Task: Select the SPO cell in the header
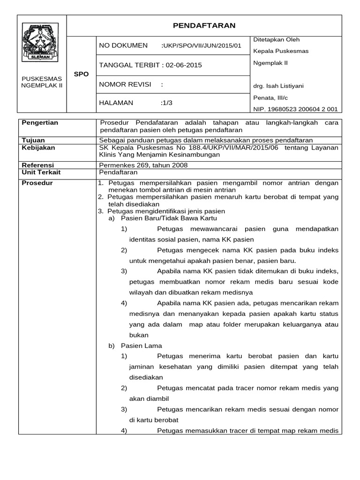pos(81,74)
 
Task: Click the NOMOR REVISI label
pos(125,84)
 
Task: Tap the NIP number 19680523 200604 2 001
pos(295,109)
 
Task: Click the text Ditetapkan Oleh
pos(276,39)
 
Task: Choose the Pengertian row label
pos(40,123)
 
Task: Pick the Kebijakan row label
pos(38,148)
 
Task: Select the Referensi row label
pos(38,165)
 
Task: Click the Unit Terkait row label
pos(42,172)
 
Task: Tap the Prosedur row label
pos(37,183)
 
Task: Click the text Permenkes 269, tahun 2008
pos(143,165)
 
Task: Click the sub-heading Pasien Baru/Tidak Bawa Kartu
pos(169,218)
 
